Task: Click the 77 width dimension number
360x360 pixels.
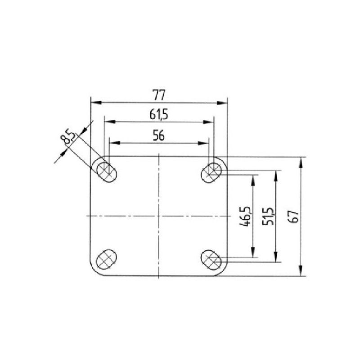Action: tap(159, 95)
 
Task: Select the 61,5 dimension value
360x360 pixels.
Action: tap(159, 115)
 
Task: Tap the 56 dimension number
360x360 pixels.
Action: tap(159, 136)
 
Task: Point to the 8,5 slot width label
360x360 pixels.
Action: tap(67, 137)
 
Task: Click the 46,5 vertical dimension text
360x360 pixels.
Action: tap(245, 216)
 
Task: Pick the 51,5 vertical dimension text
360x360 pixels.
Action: tap(268, 216)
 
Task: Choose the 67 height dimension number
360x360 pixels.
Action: tap(295, 216)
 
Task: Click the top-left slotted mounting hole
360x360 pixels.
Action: tap(107, 172)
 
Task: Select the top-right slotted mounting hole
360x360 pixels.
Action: tap(211, 173)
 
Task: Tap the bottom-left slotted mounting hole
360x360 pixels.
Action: tap(107, 259)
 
